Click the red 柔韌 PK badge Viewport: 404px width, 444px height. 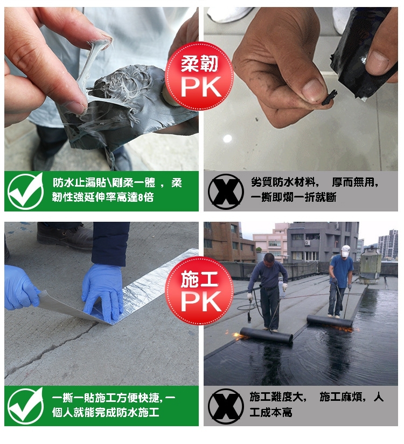point(199,76)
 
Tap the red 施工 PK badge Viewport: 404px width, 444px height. point(199,291)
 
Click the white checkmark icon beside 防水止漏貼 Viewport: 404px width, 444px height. point(25,191)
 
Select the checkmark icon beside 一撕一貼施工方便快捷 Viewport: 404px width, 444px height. point(25,406)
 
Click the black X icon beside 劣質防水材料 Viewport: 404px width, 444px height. point(225,192)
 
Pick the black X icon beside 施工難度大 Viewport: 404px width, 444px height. point(225,406)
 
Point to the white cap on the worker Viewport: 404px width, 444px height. point(345,251)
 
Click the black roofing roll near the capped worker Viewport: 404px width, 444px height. point(330,321)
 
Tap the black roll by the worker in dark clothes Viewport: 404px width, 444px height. point(266,335)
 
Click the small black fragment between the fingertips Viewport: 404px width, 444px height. point(330,98)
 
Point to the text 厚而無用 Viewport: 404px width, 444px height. point(355,182)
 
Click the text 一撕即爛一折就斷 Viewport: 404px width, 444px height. point(293,197)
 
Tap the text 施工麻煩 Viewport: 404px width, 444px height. point(343,397)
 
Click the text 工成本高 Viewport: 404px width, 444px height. point(270,412)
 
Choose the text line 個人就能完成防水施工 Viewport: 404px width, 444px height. point(106,412)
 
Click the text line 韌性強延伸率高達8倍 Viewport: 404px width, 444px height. point(103,197)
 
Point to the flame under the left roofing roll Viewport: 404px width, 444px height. point(238,336)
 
